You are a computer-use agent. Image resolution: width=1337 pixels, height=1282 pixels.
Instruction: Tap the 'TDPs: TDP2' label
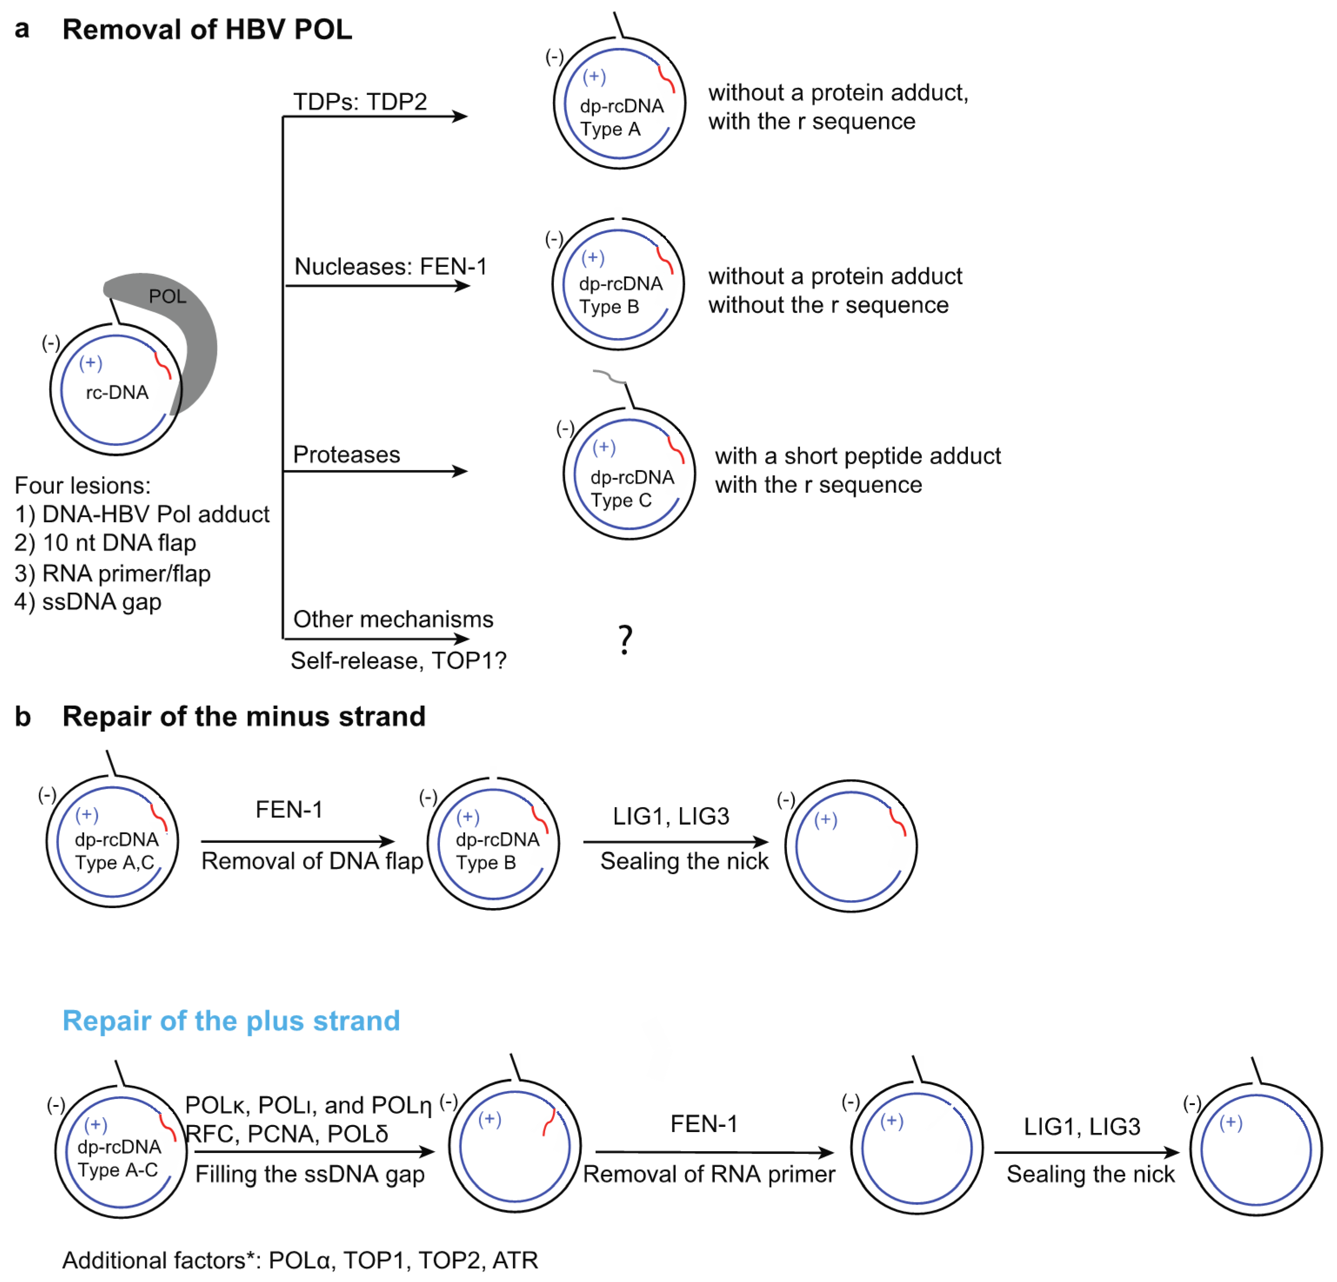[x=360, y=102]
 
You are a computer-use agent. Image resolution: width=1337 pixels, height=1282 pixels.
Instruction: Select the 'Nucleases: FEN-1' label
[x=390, y=266]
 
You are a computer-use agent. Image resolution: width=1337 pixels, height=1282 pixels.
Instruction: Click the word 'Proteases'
[x=347, y=454]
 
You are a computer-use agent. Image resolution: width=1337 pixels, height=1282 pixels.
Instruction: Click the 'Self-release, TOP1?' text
[x=398, y=660]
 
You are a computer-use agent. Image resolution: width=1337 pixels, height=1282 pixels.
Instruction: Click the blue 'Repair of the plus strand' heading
[x=230, y=1020]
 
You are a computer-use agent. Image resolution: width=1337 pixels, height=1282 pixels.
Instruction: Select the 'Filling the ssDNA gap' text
[x=310, y=1174]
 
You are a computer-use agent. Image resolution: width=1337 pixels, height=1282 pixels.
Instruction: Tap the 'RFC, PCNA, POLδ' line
[x=287, y=1133]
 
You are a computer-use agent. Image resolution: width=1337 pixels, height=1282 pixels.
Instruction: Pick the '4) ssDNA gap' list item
[x=88, y=602]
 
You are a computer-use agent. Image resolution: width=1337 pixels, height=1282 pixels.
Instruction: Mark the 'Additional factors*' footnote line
[x=300, y=1259]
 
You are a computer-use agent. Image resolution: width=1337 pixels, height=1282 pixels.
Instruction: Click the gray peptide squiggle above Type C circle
[x=609, y=376]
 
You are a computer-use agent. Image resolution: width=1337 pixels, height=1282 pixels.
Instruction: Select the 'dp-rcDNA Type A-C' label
[x=119, y=1158]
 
